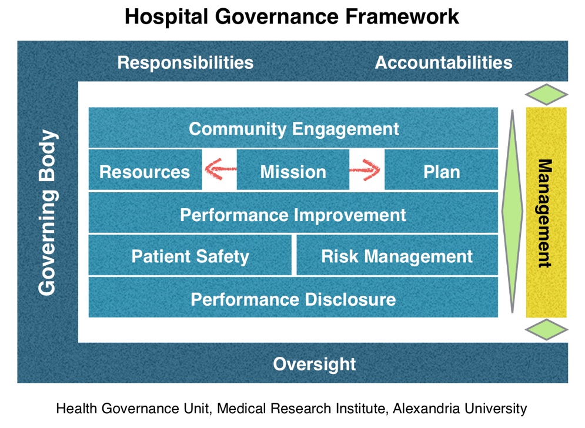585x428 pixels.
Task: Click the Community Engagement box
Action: [x=293, y=128]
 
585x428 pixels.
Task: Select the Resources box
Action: [x=145, y=171]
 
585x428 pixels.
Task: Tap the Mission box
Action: [x=293, y=171]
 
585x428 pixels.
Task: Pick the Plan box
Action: [x=441, y=171]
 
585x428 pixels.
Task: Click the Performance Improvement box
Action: [x=293, y=214]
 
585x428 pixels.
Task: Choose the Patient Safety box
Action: [x=190, y=256]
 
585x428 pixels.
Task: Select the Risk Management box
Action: [x=397, y=256]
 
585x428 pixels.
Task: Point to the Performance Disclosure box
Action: [x=293, y=299]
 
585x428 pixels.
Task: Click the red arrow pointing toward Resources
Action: [x=220, y=170]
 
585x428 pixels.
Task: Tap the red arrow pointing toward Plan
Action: [x=366, y=170]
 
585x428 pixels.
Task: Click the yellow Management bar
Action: [x=546, y=212]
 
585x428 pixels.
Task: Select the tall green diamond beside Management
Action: [x=512, y=212]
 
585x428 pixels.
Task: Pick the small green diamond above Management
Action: [x=546, y=95]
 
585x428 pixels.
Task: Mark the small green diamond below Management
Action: [x=546, y=330]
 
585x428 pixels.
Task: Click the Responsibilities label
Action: [x=185, y=62]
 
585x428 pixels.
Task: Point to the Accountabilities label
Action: [x=443, y=62]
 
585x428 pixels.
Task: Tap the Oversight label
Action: [x=315, y=364]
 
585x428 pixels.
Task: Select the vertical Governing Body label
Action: [x=47, y=212]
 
